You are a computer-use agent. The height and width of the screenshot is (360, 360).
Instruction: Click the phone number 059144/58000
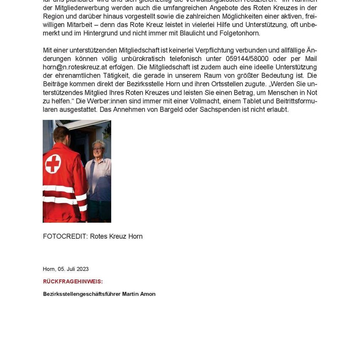[247, 59]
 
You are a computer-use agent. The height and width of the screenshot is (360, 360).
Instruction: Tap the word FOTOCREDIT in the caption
[65, 237]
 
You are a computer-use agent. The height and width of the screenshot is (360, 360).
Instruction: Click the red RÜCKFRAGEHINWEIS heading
[73, 281]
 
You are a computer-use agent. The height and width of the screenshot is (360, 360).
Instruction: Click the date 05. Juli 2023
[73, 269]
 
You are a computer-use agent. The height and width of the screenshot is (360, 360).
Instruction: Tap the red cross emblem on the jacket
[53, 164]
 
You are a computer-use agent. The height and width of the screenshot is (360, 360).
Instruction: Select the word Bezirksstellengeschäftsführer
[82, 294]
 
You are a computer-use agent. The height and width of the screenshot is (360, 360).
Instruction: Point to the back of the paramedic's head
[63, 134]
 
